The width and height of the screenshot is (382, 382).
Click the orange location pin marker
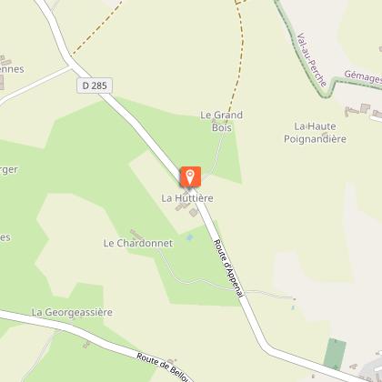(191, 176)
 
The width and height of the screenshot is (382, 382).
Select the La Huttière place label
(186, 197)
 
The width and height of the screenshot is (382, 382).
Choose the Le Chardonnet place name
(137, 243)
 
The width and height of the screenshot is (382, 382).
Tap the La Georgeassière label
(71, 312)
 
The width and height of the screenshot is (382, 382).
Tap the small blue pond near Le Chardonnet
(189, 237)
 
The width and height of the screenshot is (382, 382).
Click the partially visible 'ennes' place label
(12, 68)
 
